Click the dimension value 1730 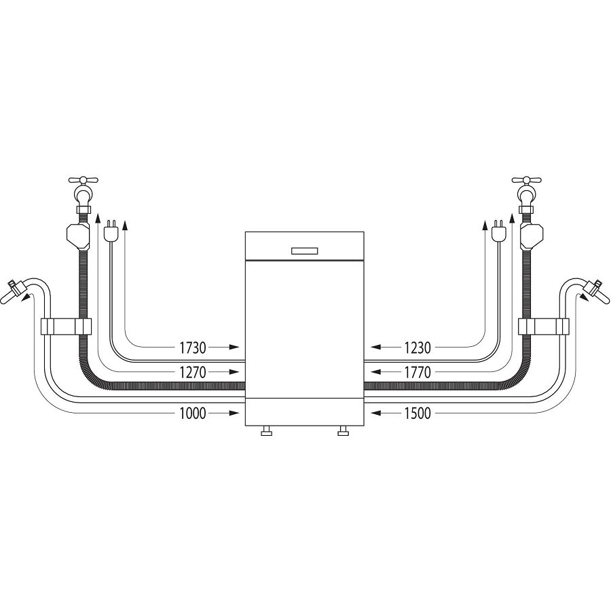[x=192, y=348]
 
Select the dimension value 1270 [x=192, y=372]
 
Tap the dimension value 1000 [x=192, y=412]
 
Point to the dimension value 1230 [x=418, y=348]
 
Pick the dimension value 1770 [x=418, y=372]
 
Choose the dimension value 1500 [x=418, y=412]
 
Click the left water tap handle [x=84, y=181]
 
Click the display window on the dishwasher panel [x=305, y=251]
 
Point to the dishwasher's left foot [x=266, y=431]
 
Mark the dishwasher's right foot [x=343, y=431]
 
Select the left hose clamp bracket [x=64, y=327]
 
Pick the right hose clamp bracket [x=546, y=327]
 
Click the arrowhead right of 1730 [x=233, y=348]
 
